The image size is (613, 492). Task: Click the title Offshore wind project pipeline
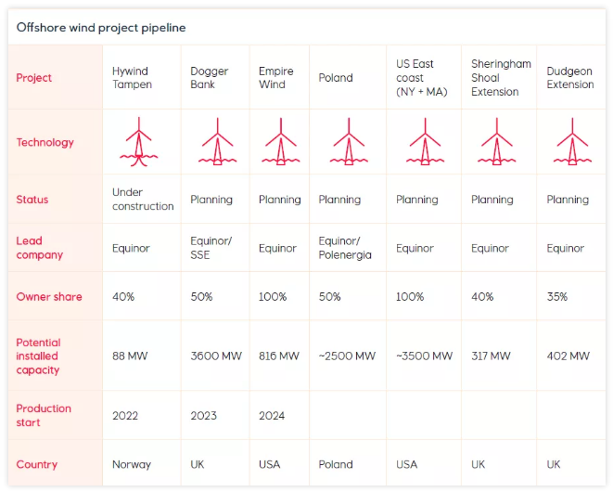tap(101, 28)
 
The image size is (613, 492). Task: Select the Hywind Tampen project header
tap(130, 78)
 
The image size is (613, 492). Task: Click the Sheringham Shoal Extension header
tap(501, 78)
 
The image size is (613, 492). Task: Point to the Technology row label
tap(45, 143)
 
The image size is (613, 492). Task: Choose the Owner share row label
tap(49, 297)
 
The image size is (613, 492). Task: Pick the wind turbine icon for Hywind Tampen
tap(138, 143)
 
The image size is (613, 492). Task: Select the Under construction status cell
tap(143, 200)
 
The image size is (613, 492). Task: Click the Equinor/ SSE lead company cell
tap(211, 248)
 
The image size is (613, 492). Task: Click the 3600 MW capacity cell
tap(217, 356)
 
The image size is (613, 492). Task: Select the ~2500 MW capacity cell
tap(347, 356)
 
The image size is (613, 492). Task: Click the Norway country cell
tap(131, 464)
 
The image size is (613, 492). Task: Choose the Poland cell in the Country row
tap(336, 464)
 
